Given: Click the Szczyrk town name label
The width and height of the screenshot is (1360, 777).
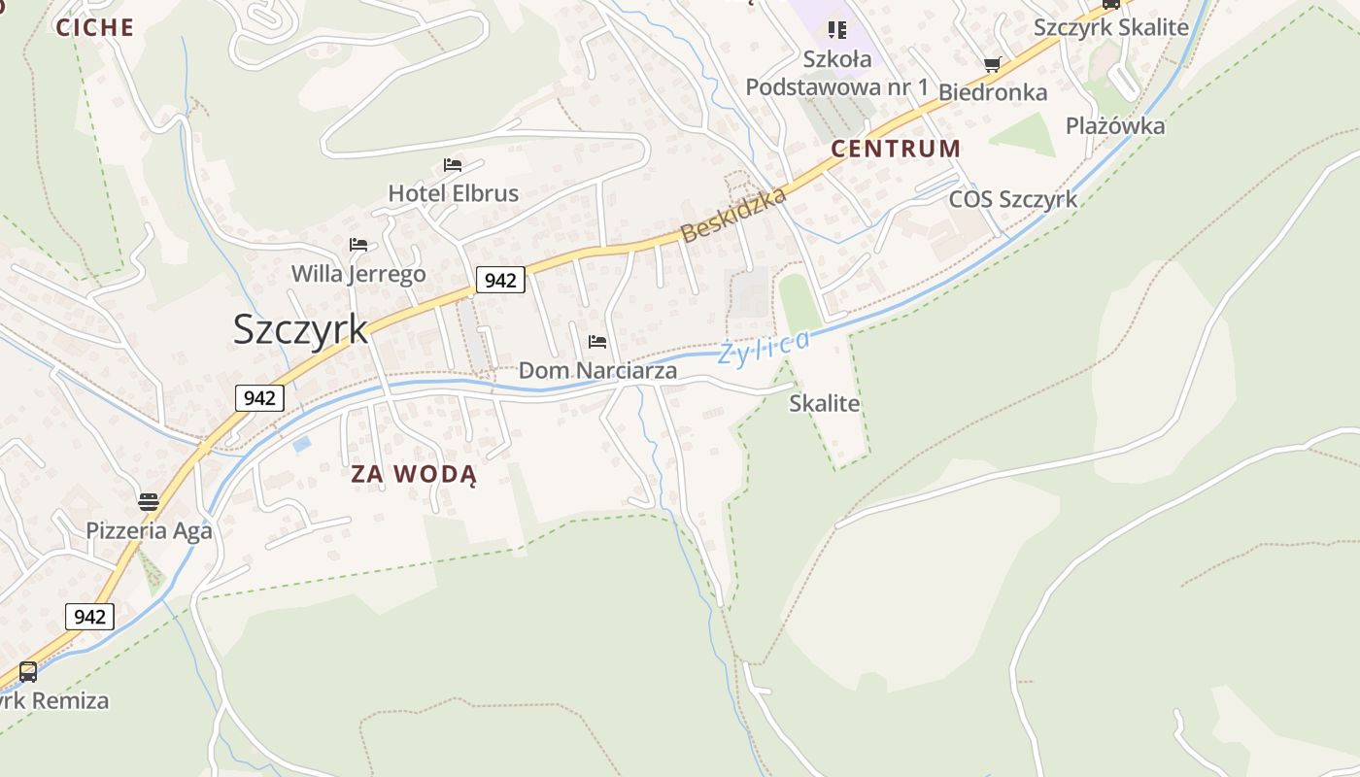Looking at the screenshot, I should (x=300, y=330).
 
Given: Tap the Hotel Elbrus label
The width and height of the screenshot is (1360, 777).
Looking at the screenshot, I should (x=453, y=193).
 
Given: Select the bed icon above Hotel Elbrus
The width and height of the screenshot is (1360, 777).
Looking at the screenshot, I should (x=453, y=165).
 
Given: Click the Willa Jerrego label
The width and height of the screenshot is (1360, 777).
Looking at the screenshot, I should (x=358, y=274).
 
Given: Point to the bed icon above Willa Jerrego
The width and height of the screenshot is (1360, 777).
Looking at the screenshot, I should (x=358, y=244).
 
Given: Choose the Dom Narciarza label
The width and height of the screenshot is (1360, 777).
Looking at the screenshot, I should (x=597, y=370).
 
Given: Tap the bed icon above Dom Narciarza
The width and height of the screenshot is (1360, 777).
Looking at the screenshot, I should (x=597, y=342).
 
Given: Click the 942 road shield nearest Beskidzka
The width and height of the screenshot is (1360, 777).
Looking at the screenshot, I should (x=500, y=281).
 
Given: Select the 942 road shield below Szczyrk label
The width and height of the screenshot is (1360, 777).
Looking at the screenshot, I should (x=259, y=397).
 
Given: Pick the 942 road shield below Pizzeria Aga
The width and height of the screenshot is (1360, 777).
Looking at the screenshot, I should (x=89, y=617).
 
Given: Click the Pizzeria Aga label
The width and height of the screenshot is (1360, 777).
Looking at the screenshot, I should (x=149, y=530).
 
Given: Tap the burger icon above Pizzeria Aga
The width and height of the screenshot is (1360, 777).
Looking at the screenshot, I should (x=149, y=502).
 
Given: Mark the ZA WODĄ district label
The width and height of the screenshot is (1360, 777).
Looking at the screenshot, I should (x=414, y=474).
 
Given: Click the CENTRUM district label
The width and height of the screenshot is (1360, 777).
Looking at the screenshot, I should (x=896, y=149).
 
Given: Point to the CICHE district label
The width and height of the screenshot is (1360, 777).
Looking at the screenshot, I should (x=94, y=27).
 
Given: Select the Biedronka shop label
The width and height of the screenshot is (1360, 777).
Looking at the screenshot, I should (x=992, y=92).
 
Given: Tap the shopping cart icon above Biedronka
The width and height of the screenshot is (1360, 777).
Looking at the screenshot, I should (x=992, y=65).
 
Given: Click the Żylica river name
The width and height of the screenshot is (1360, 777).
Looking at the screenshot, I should (x=764, y=347).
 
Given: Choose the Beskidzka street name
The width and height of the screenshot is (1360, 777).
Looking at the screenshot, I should (x=733, y=216).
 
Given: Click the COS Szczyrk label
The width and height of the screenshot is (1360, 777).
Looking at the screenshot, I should (x=1013, y=199).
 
